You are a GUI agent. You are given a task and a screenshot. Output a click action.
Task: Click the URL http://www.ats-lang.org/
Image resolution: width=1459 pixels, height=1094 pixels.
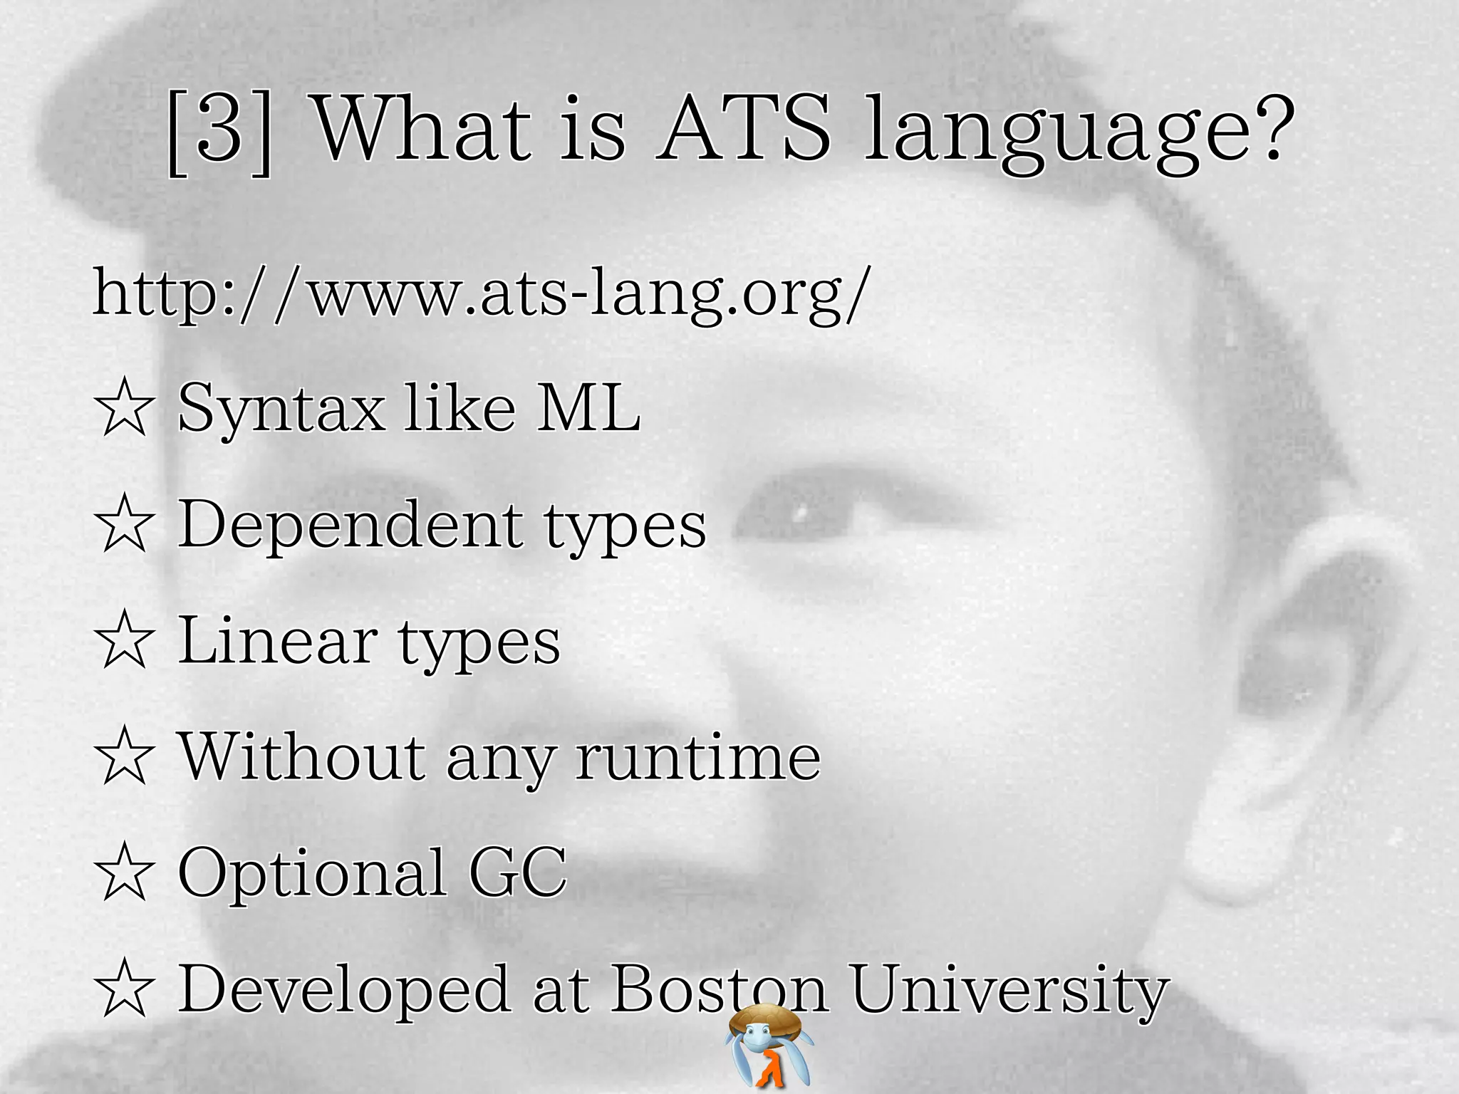(482, 293)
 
